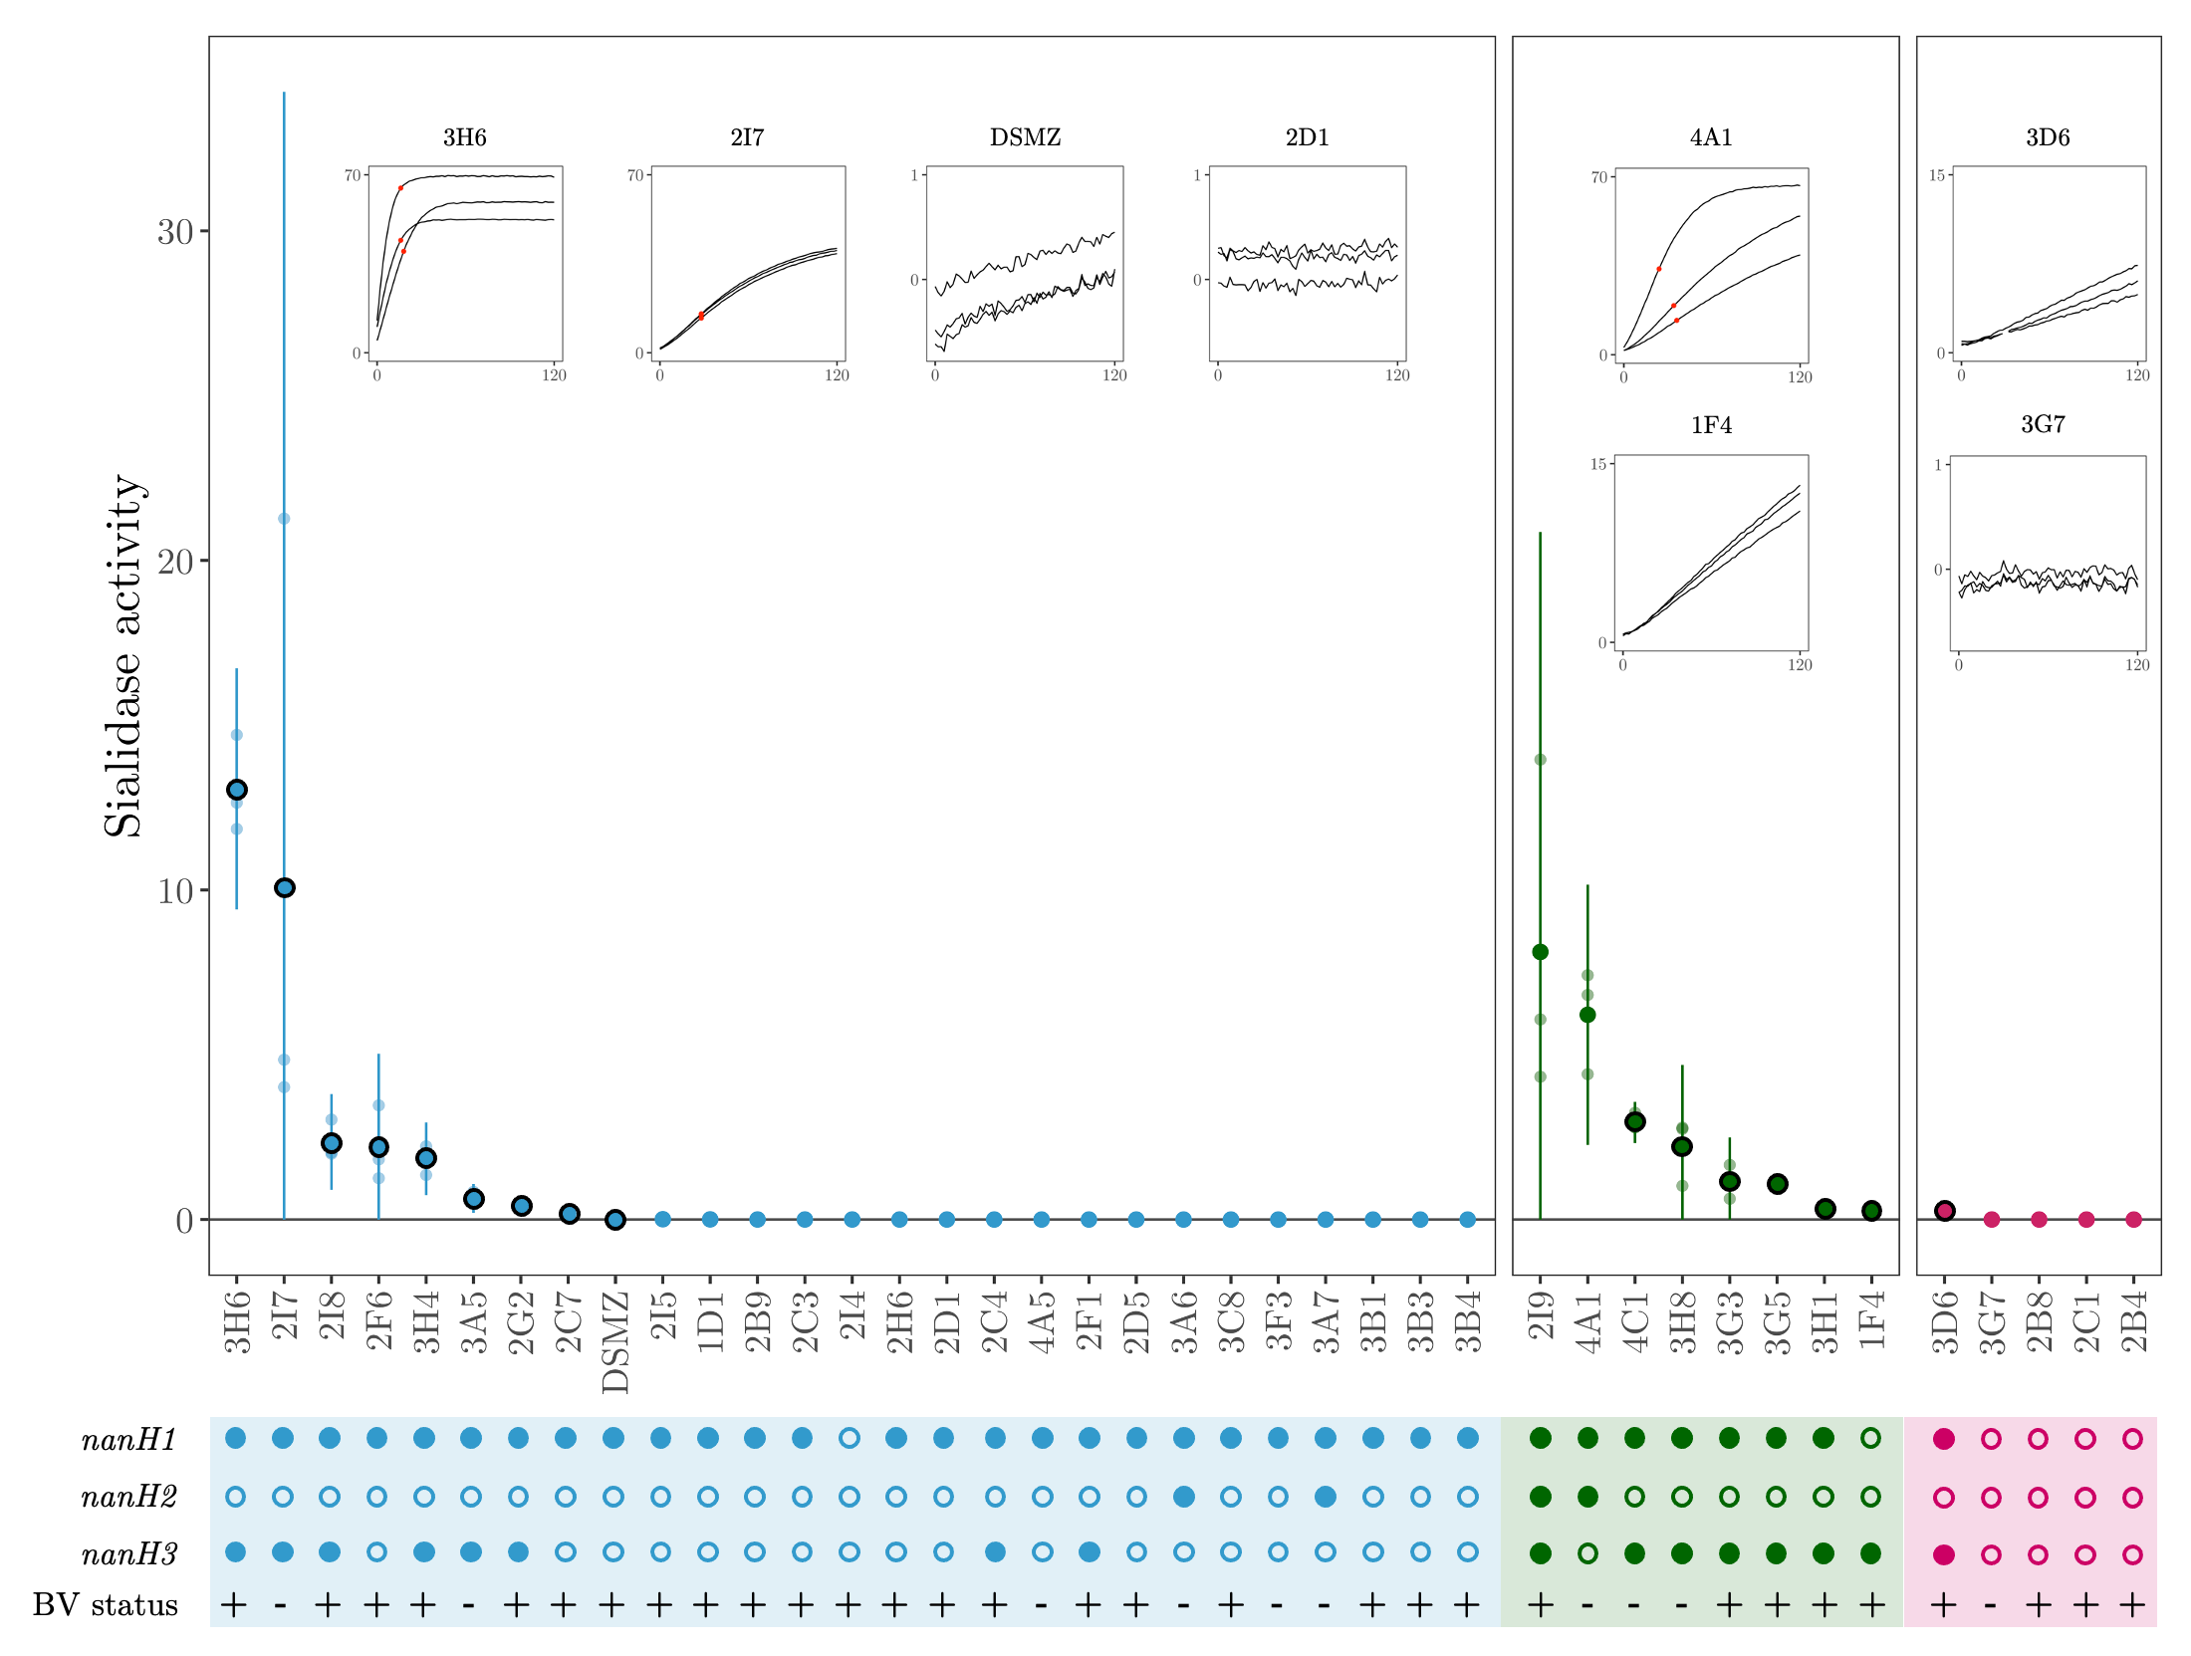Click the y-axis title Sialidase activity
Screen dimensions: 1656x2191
(123, 655)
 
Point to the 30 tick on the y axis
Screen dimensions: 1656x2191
(175, 232)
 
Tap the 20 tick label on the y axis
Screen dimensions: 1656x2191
(175, 562)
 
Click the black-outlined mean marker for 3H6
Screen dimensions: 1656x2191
(237, 790)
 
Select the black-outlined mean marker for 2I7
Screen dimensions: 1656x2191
(284, 887)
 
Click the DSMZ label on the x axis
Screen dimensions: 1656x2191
(615, 1341)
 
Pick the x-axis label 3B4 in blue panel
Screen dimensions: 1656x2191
(1468, 1321)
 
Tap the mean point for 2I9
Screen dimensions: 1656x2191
(1540, 952)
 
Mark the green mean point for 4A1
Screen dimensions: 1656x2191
(1587, 1015)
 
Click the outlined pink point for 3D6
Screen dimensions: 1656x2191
(1944, 1211)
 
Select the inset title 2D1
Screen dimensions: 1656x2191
(1307, 137)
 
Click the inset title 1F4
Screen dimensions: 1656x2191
(1711, 425)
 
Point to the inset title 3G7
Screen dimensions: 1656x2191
(2043, 424)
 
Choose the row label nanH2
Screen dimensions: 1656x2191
(129, 1497)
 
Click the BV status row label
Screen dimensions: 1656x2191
(106, 1605)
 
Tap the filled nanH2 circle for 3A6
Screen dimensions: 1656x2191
(1183, 1497)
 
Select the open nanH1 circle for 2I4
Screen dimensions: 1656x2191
(849, 1438)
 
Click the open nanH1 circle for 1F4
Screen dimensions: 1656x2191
(1870, 1438)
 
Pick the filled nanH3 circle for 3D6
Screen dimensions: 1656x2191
(1943, 1554)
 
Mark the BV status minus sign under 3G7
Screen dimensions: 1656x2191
(1990, 1605)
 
